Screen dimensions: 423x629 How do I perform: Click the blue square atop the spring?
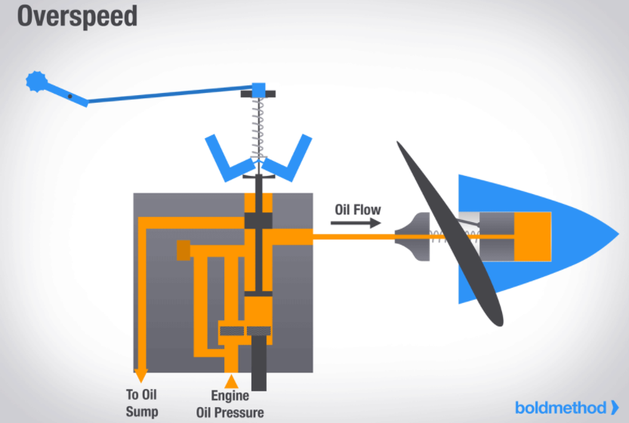pos(258,90)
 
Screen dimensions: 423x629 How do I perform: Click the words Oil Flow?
pos(359,208)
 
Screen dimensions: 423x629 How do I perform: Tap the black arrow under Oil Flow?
pos(355,223)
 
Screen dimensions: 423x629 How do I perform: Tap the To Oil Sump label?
pos(142,402)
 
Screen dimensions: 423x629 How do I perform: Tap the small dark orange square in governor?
pos(183,249)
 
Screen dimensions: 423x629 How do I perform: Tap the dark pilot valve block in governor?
pos(258,221)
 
